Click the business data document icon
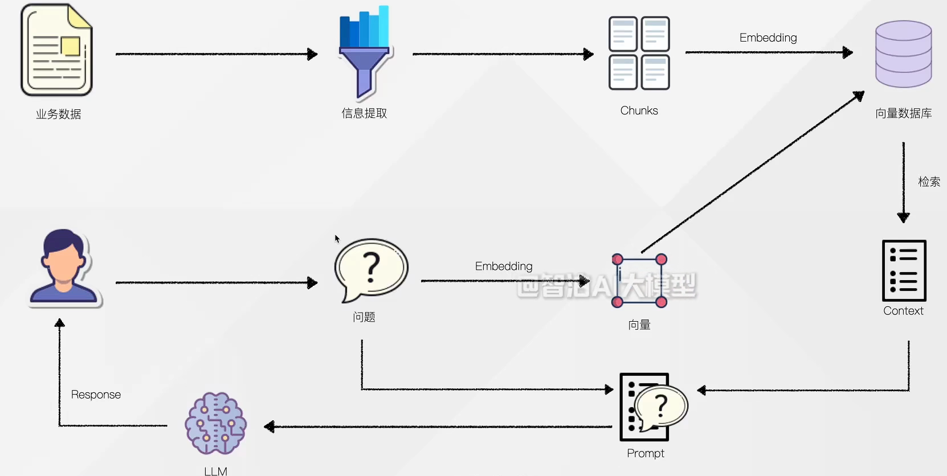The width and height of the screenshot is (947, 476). [x=56, y=50]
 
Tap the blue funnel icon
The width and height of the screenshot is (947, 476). [x=365, y=52]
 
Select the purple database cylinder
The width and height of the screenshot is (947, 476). [x=904, y=54]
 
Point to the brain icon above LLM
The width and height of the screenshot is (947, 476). [x=215, y=423]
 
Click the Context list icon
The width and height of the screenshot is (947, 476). [x=904, y=270]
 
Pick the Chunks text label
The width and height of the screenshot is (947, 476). [x=639, y=110]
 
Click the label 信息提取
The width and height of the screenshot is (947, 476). [x=364, y=113]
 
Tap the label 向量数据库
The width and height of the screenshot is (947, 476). [x=904, y=113]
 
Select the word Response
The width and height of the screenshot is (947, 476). [x=96, y=395]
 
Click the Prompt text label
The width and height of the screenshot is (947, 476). [x=646, y=454]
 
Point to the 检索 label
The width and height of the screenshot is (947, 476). [x=929, y=182]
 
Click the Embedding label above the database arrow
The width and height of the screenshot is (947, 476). [x=768, y=38]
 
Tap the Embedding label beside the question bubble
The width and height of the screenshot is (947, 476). [x=504, y=266]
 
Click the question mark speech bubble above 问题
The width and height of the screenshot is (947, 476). [x=371, y=270]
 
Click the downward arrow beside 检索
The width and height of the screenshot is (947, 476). [x=904, y=182]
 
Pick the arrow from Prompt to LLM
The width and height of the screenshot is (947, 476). [x=438, y=426]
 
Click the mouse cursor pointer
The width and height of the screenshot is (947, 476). [x=337, y=239]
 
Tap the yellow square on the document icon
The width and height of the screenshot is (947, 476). [x=70, y=46]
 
